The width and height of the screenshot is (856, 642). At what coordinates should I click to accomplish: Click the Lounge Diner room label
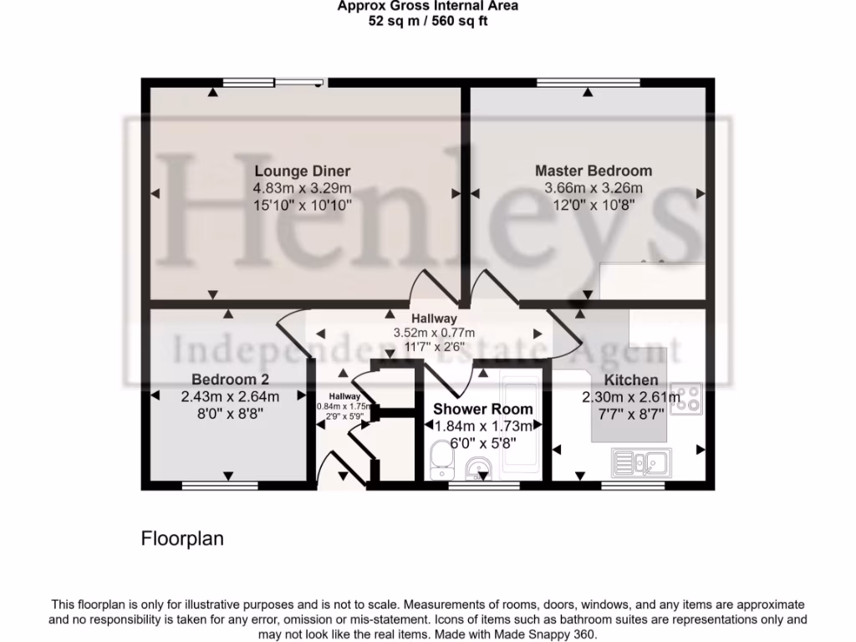point(302,171)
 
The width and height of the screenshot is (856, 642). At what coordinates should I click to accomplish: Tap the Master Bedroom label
point(594,171)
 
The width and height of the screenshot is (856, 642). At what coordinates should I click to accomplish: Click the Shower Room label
point(482,410)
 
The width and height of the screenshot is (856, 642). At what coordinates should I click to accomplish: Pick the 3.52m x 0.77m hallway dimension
point(434,333)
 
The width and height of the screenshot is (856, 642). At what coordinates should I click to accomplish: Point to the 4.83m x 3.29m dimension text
point(302,187)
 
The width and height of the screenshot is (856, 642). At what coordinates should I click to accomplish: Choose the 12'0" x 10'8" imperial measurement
point(594,203)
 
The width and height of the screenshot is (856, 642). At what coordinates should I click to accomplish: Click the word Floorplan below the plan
point(182,538)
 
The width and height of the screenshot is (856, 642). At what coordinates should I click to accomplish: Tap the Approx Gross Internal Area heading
point(427,6)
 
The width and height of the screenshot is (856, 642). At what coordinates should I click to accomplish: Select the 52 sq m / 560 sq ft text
point(427,21)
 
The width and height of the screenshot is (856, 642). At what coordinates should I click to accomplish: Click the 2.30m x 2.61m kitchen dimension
point(631,397)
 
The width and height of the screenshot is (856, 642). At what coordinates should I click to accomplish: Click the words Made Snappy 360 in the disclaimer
point(553,634)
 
